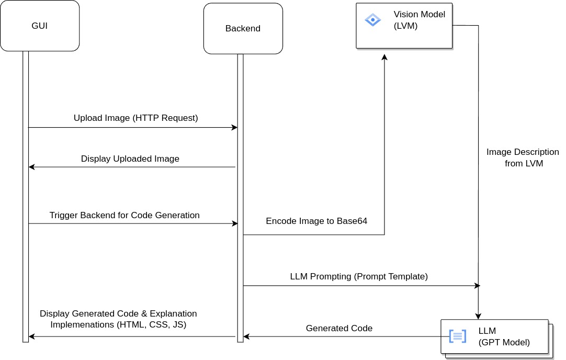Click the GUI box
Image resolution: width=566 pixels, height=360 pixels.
40,26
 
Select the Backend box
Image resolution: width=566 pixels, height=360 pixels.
243,29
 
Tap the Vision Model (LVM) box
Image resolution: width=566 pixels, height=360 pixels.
404,26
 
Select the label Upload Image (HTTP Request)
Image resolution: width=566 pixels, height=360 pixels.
136,118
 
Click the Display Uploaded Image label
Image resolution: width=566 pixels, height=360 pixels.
130,159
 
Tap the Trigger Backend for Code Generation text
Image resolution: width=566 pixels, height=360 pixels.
124,215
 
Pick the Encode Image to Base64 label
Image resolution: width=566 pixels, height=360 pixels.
316,221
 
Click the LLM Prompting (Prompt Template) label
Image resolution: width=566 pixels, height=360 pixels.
359,276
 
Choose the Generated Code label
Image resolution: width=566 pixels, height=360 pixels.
339,329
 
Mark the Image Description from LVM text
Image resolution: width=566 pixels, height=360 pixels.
515,157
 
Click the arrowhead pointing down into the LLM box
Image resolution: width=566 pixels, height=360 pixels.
478,316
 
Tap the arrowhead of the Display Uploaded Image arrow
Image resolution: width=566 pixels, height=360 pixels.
31,167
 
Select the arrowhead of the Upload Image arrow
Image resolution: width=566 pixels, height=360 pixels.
234,128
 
